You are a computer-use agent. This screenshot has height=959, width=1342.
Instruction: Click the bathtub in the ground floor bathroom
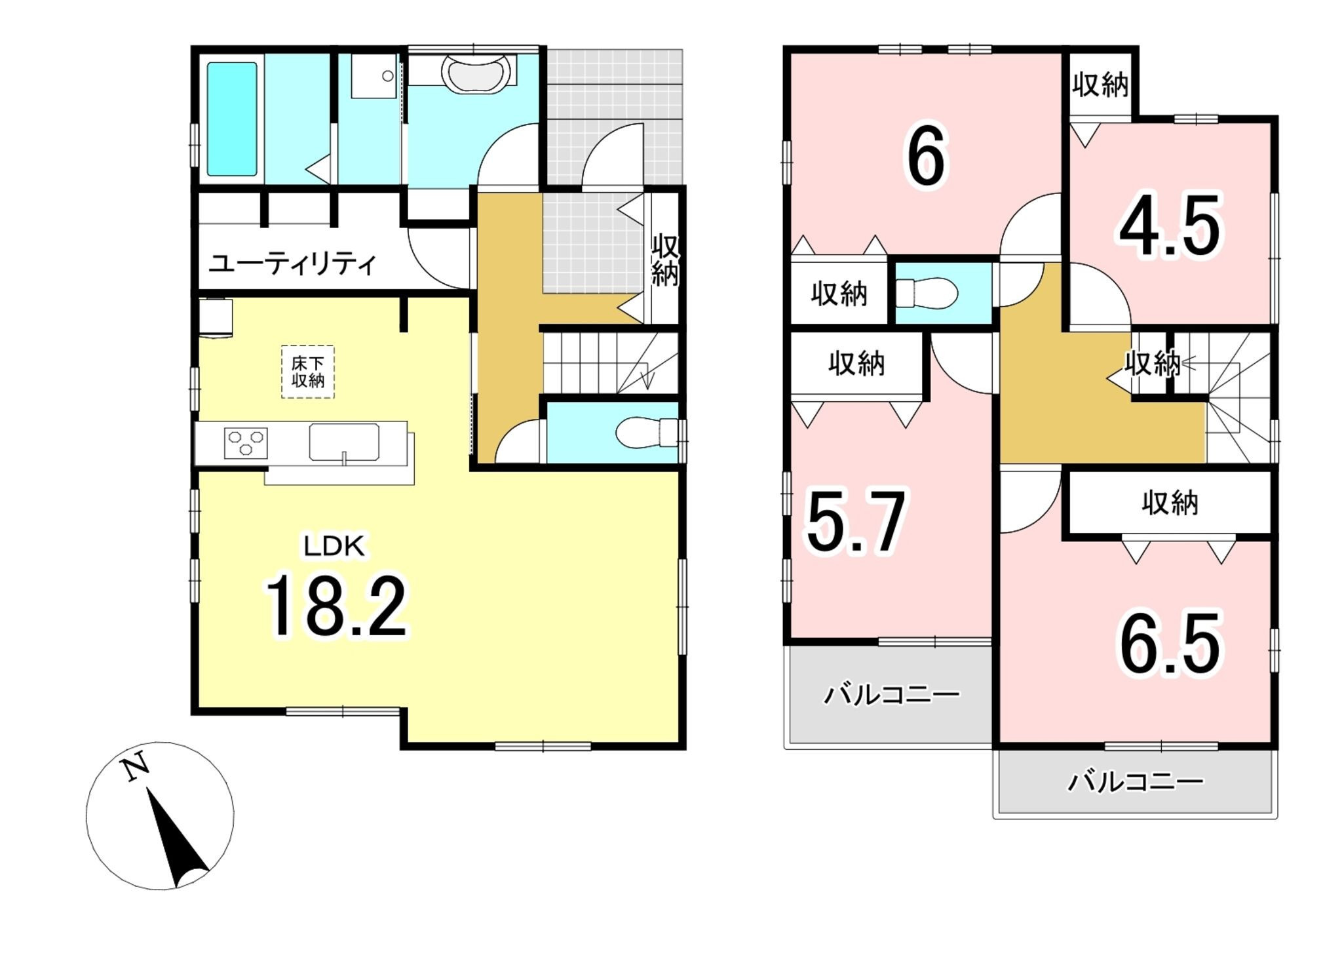[232, 119]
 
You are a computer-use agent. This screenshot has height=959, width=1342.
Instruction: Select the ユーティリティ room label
[292, 264]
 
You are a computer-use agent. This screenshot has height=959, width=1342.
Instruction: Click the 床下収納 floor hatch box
[308, 372]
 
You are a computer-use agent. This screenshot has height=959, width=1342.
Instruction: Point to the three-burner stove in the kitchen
[246, 442]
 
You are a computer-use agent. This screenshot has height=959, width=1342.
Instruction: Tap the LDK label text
[334, 545]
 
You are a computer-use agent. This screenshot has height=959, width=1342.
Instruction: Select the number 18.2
[336, 606]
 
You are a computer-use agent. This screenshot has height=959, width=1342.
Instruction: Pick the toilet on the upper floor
[926, 292]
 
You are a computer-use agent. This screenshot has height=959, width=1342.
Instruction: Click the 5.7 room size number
[856, 522]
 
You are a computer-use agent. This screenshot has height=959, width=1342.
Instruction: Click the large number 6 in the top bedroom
[925, 157]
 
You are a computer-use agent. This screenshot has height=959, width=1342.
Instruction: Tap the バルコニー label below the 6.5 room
[1136, 781]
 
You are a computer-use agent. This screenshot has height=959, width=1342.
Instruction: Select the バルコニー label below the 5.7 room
[891, 694]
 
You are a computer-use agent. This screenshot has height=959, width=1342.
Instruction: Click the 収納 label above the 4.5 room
[1100, 85]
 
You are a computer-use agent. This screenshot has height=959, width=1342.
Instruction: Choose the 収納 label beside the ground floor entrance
[664, 260]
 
